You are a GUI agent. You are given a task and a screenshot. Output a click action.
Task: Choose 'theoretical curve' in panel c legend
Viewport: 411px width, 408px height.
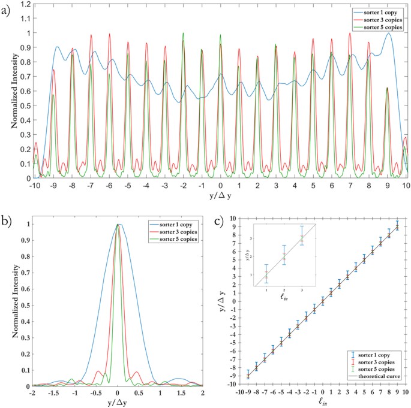pos(379,377)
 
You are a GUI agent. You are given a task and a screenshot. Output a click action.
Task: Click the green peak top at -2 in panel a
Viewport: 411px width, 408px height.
pos(183,34)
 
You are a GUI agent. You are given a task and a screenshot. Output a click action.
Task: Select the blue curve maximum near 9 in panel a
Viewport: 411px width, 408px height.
pos(389,34)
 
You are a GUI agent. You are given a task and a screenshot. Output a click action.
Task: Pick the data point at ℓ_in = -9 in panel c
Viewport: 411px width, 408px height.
pos(248,375)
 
